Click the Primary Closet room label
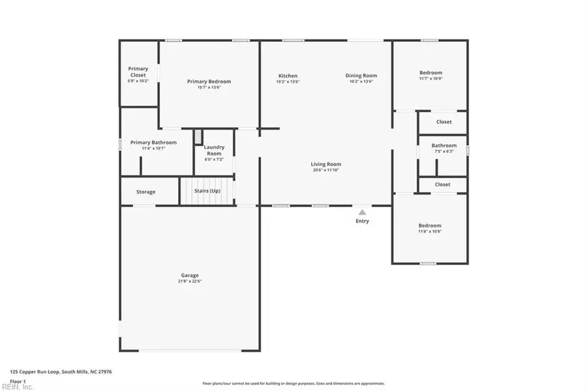[x=138, y=72]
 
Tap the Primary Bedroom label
[x=209, y=82]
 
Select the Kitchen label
[x=288, y=76]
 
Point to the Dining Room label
[x=361, y=76]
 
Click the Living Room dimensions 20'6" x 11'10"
[x=325, y=170]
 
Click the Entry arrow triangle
[x=362, y=211]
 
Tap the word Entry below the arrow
[x=362, y=221]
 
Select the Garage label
[x=190, y=275]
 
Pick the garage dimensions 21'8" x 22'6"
[x=190, y=281]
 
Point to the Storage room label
[x=145, y=192]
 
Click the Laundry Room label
[x=214, y=150]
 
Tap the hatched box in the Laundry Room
[x=197, y=136]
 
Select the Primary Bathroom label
[x=153, y=142]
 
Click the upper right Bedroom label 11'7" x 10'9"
[x=430, y=72]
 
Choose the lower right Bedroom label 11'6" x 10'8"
[x=430, y=226]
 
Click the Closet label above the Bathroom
[x=444, y=121]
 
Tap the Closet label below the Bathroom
[x=442, y=185]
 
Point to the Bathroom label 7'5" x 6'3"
[x=444, y=146]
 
